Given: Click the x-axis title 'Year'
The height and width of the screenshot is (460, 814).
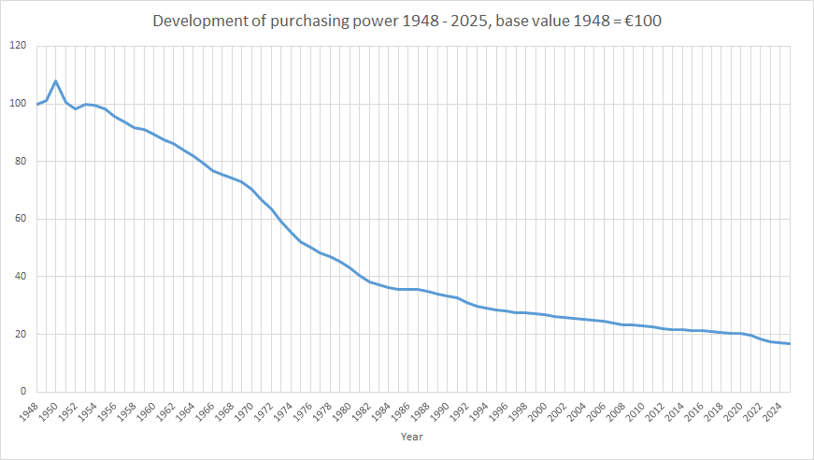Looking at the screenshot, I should (411, 437).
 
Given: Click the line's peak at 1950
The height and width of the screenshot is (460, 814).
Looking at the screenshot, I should (56, 81).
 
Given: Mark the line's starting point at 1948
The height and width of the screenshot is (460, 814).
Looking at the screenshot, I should (36, 104).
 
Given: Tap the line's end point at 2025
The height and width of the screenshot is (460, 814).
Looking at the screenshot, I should (789, 344).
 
